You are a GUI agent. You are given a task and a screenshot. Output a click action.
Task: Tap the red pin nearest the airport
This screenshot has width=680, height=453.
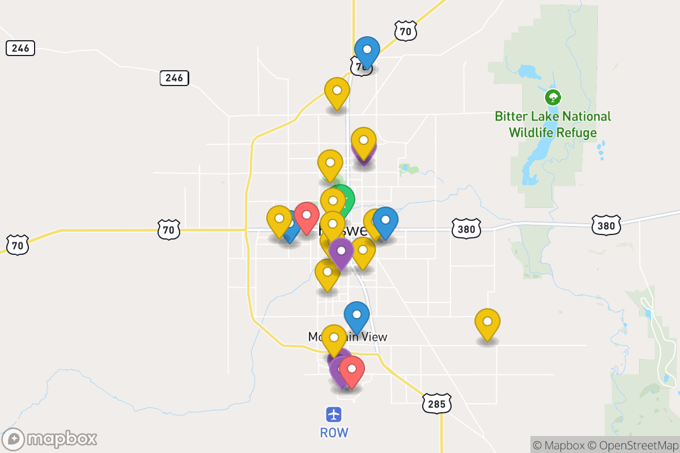pos(352,369)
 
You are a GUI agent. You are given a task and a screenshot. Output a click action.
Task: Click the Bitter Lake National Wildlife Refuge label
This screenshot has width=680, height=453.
pos(552,125)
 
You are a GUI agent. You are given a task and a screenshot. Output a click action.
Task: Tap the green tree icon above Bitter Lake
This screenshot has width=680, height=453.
pos(552,97)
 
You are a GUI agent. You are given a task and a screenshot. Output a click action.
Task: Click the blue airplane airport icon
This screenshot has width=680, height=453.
pos(334,414)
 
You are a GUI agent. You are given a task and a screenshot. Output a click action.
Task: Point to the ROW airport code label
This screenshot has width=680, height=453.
pos(334,433)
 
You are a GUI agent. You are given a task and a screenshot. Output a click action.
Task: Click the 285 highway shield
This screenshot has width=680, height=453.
pos(436,403)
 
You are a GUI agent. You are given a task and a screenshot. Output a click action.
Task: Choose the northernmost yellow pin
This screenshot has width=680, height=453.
pos(337,91)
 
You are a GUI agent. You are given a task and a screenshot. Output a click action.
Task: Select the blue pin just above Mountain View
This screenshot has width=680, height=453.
pos(356,315)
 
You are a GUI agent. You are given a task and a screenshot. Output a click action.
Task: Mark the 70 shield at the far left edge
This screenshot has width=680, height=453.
pos(18,245)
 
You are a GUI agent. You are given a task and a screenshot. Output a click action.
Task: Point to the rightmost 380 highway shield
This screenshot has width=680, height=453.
pos(606,225)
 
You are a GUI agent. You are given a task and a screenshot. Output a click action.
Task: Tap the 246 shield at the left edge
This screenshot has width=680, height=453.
pos(20,48)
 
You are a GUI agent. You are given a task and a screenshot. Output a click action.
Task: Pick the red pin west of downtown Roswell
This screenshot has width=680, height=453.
pos(307,215)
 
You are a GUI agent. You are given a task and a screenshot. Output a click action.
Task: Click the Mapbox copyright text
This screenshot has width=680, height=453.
pos(559,445)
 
